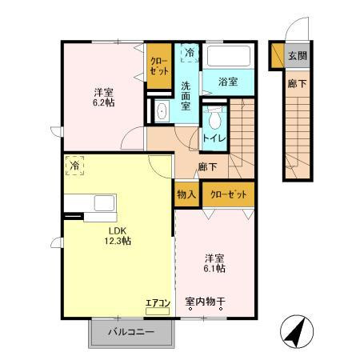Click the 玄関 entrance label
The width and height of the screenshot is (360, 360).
coord(298,56)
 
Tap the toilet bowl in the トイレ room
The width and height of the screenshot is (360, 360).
coord(214,119)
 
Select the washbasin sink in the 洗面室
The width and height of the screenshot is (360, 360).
coord(162,111)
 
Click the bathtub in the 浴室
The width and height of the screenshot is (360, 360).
coord(229,56)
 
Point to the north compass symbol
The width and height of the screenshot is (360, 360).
coord(297,331)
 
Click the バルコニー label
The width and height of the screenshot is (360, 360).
coord(131,332)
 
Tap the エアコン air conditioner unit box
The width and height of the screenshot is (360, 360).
coord(158,311)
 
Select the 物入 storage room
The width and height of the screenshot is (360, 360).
coord(186,194)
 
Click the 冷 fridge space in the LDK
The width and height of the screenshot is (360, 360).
coord(74,166)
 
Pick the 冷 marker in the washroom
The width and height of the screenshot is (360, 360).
coord(190,53)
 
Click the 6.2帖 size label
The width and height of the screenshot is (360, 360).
coord(104,102)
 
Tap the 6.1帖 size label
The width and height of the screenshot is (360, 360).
coord(214,269)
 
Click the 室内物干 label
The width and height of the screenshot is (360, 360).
coord(206,302)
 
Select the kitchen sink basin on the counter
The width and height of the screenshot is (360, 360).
coord(104,203)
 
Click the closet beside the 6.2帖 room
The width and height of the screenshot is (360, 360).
coord(159,66)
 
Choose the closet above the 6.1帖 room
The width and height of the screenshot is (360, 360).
coord(228,194)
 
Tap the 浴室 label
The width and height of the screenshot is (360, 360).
coord(228,82)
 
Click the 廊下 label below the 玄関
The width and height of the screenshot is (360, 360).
coord(297,84)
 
